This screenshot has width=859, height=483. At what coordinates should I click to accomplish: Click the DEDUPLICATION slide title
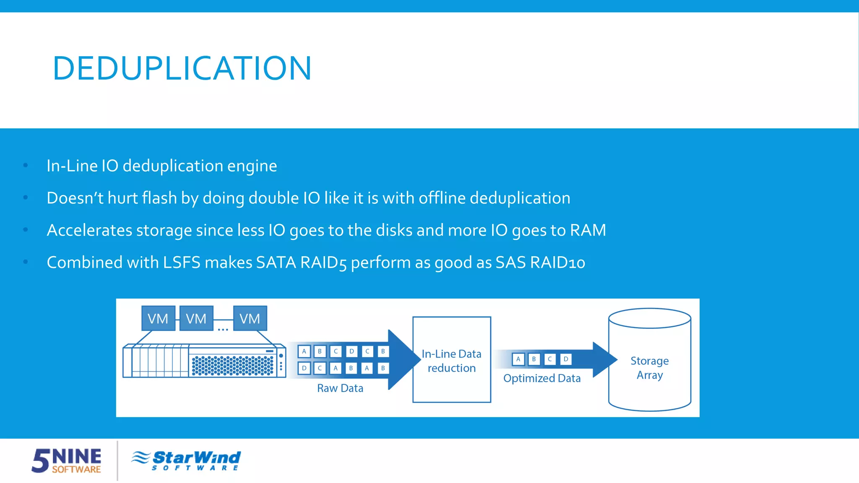(x=182, y=68)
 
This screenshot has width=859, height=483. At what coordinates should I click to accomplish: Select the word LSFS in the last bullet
(x=182, y=262)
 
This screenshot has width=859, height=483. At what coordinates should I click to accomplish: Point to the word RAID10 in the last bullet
(x=557, y=262)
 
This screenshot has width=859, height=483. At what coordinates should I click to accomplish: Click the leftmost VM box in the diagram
(x=158, y=319)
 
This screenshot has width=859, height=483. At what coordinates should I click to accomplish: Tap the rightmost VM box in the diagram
(x=250, y=319)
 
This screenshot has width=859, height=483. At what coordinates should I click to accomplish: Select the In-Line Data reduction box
(x=451, y=360)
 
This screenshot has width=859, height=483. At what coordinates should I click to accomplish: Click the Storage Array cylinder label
(x=649, y=368)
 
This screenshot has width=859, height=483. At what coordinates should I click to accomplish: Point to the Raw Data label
(x=340, y=388)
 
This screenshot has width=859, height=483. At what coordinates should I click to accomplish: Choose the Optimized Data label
(x=541, y=378)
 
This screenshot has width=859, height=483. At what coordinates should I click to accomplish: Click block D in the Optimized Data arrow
(x=566, y=359)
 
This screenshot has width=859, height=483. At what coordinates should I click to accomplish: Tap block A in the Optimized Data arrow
(x=518, y=359)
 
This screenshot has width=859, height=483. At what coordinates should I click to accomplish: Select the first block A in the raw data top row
(x=304, y=351)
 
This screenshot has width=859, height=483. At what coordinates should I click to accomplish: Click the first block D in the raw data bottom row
(x=304, y=368)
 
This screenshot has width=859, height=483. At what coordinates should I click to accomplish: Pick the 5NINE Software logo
(x=67, y=460)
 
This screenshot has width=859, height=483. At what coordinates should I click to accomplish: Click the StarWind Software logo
(x=186, y=460)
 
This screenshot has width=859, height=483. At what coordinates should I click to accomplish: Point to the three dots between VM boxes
(x=223, y=330)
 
